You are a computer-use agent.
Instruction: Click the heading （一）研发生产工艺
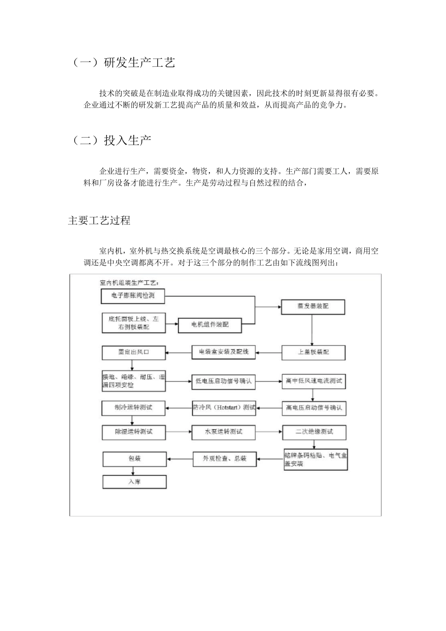pos(123,63)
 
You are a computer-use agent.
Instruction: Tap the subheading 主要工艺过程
pos(99,220)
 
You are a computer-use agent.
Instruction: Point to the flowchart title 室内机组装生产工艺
pos(129,283)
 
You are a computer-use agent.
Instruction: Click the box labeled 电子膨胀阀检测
pos(133,296)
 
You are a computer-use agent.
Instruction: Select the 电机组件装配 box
pos(210,324)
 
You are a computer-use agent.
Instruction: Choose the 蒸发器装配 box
pos(313,306)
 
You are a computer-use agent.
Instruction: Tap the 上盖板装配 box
pos(313,352)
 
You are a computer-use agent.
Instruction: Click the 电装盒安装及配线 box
pos(223,352)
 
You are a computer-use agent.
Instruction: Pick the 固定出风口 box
pos(134,352)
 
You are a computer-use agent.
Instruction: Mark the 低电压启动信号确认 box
pos(223,381)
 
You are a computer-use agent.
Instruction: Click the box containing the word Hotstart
pos(223,408)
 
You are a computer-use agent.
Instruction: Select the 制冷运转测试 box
pos(134,407)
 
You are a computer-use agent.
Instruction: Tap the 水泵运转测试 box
pos(223,431)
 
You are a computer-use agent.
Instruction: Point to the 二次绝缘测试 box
pos(314,432)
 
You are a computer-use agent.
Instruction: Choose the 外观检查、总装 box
pos(224,459)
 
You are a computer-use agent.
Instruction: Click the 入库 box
pos(134,482)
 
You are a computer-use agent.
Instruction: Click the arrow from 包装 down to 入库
pos(134,470)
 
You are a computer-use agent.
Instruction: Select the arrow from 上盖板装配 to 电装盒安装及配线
pos(269,352)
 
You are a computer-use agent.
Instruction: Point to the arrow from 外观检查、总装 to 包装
pos(180,459)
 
